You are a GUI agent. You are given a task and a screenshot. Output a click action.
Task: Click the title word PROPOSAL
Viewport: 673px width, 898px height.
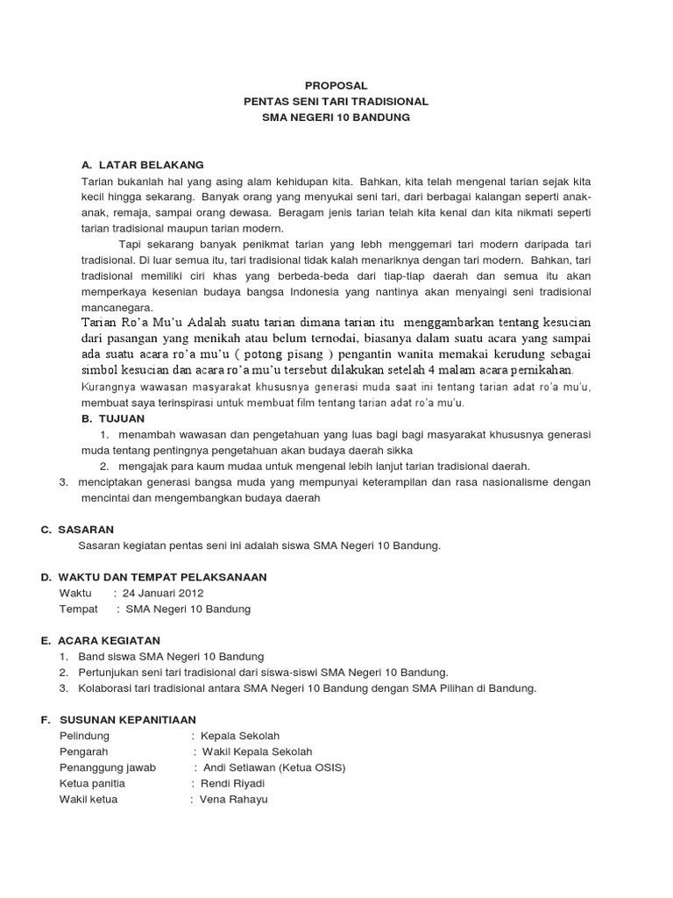(336, 85)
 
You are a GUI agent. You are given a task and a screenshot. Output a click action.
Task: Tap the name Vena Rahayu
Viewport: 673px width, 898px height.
(234, 799)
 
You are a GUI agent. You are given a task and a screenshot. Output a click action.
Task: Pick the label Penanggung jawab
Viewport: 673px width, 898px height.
(107, 767)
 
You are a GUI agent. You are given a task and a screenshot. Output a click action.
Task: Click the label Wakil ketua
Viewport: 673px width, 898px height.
(88, 799)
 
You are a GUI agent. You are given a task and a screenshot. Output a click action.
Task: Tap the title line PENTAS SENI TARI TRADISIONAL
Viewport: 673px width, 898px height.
(336, 101)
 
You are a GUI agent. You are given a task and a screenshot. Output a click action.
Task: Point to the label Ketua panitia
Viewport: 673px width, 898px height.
(92, 783)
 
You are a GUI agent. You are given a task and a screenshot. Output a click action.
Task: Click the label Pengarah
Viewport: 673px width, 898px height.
(83, 752)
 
